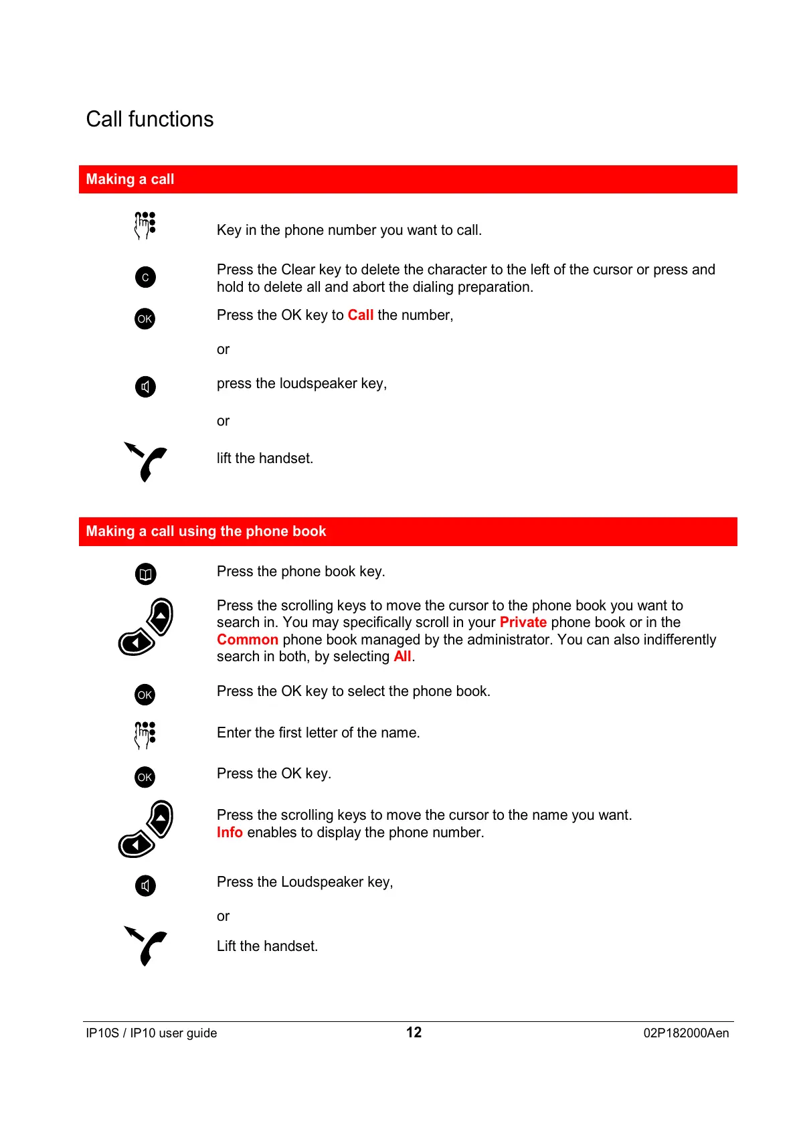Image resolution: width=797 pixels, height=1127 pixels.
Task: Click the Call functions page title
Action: [150, 119]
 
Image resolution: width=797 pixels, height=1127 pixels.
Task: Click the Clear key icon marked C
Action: [145, 277]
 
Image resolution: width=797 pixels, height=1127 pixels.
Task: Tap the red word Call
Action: [360, 315]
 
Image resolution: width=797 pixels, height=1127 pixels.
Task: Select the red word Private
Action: [523, 622]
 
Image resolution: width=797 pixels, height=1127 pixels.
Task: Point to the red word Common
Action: [247, 640]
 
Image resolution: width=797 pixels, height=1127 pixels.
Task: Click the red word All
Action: [402, 657]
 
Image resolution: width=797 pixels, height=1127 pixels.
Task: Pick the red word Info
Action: [230, 833]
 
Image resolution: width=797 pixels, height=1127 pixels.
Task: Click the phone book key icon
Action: [145, 574]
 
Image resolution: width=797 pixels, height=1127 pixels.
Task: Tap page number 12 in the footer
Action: [414, 1033]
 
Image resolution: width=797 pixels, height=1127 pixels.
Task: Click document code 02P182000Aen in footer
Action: [686, 1033]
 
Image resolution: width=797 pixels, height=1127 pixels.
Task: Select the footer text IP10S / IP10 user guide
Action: [151, 1033]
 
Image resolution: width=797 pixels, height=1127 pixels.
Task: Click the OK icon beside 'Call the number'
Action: [145, 319]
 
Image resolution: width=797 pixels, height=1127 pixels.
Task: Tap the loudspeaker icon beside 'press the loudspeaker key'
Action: [145, 387]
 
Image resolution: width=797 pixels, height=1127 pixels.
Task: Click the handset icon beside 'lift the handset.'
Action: [147, 462]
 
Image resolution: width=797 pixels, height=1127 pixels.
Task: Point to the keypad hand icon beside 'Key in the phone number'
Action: [145, 226]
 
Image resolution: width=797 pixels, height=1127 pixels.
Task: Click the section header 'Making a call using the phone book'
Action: [206, 531]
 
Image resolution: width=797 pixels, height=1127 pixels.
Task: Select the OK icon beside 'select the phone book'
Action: [145, 695]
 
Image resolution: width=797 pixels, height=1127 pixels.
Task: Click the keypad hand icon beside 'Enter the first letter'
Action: [145, 735]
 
